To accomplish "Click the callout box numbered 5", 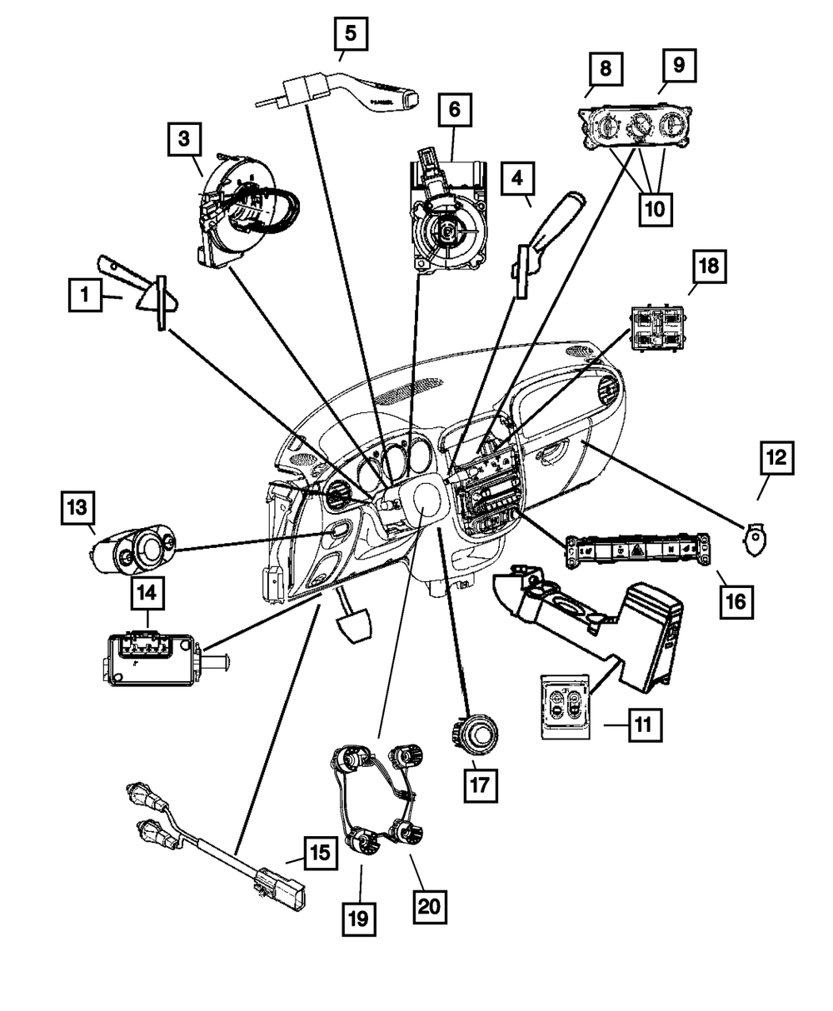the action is tap(351, 33).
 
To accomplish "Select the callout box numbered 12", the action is tap(777, 457).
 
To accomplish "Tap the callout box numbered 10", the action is tap(656, 209).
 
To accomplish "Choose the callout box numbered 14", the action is tap(147, 593).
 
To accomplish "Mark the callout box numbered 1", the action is tap(85, 295).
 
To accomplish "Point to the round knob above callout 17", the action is tap(475, 734).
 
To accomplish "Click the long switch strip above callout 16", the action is tap(639, 550).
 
